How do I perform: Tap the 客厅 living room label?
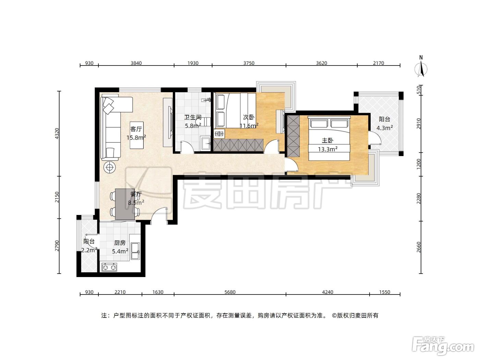click(x=136, y=129)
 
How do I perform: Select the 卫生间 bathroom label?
click(x=193, y=117)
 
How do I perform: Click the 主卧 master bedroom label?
click(x=327, y=140)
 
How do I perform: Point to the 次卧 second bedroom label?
click(x=249, y=117)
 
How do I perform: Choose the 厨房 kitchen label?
click(x=120, y=243)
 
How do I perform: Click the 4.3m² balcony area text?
click(x=385, y=128)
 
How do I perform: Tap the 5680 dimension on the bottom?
click(x=230, y=292)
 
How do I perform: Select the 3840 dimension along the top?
click(x=136, y=63)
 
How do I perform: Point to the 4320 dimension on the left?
click(x=57, y=134)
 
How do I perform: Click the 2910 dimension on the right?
click(x=418, y=123)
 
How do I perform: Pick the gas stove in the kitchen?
click(x=109, y=267)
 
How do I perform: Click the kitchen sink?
click(x=135, y=251)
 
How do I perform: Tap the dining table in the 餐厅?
click(x=125, y=204)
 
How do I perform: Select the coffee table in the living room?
click(x=137, y=135)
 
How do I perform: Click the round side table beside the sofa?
click(x=110, y=168)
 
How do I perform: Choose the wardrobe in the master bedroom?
click(x=293, y=136)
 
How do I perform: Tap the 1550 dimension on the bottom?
click(x=385, y=292)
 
